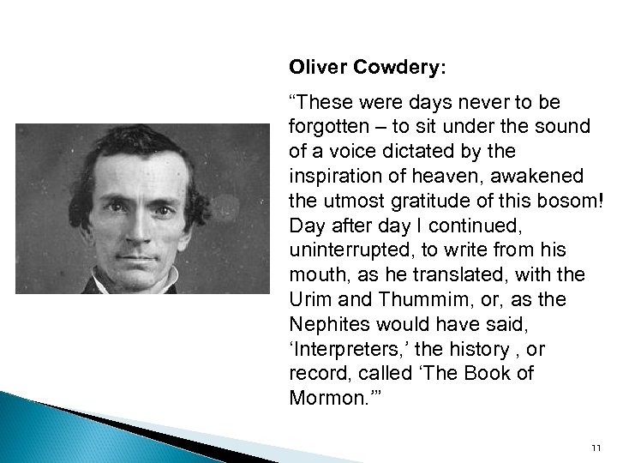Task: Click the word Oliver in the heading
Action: click(315, 66)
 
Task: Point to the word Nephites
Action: click(328, 325)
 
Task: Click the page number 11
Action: click(597, 447)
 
